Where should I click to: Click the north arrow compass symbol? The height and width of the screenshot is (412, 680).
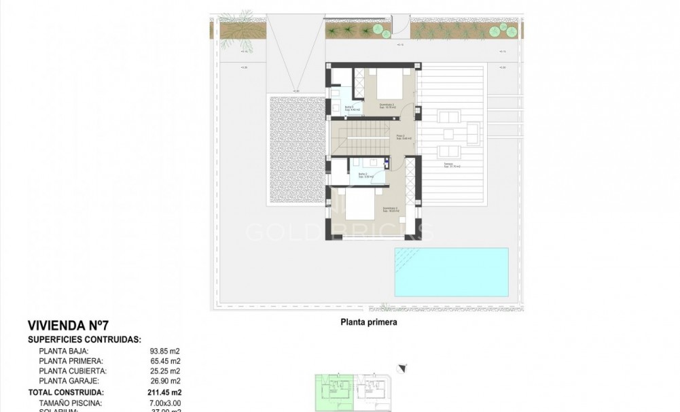tap(404, 368)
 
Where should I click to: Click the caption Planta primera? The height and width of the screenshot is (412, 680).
tap(368, 324)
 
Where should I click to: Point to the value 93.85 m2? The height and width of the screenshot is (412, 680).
tap(165, 351)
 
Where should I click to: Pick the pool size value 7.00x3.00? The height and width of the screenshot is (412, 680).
tap(165, 402)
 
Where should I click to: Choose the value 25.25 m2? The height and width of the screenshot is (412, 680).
tap(165, 371)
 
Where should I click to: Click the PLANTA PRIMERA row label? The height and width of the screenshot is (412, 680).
tap(71, 361)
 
